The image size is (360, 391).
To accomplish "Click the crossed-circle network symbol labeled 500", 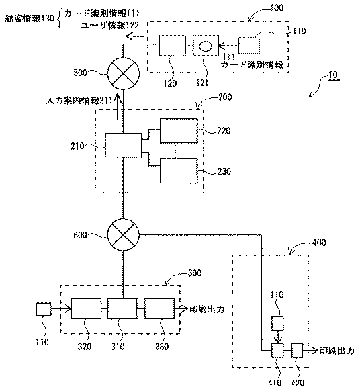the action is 123,73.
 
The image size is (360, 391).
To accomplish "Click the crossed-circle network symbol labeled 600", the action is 123,235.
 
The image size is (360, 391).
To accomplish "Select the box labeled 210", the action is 123,145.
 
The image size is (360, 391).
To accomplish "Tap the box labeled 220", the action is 179,131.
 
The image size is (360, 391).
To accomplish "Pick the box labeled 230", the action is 179,171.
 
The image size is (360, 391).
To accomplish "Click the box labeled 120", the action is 173,46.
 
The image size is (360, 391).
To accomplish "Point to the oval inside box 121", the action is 206,46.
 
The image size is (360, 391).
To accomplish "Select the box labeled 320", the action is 86,308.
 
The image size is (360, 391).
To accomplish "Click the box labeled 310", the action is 122,308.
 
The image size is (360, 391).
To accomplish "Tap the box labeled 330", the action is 159,308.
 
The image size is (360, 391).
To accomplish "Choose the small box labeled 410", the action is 277,351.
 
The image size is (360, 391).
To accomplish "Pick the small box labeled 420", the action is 297,351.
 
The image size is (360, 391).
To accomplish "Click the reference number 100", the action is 277,8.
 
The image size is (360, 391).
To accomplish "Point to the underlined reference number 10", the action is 333,75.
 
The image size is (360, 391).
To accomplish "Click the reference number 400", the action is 319,242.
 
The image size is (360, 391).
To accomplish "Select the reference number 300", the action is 194,273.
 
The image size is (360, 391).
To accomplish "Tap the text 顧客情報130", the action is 30,19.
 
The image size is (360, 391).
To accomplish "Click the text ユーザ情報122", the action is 110,25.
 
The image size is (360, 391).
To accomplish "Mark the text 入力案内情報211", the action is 79,101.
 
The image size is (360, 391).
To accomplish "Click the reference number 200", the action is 225,97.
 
